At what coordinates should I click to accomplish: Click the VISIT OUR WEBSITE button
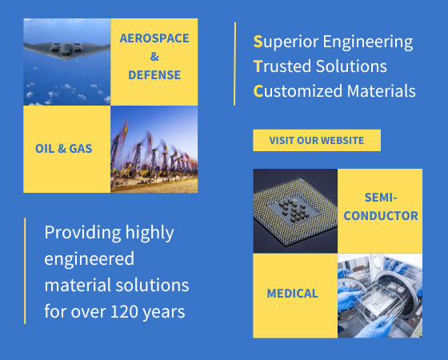(x=316, y=141)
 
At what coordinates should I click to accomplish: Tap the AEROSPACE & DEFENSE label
(x=150, y=56)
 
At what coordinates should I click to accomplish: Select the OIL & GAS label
(x=63, y=149)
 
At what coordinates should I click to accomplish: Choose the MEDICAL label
(x=292, y=294)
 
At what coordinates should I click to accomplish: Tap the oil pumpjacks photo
(x=154, y=150)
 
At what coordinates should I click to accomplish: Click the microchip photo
(x=294, y=210)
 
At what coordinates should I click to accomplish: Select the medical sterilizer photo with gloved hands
(x=379, y=295)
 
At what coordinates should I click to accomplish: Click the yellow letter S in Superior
(x=258, y=42)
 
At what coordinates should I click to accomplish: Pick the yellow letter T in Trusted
(x=258, y=66)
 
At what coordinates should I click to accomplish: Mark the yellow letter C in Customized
(x=258, y=91)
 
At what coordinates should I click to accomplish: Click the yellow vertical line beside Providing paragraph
(x=25, y=270)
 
